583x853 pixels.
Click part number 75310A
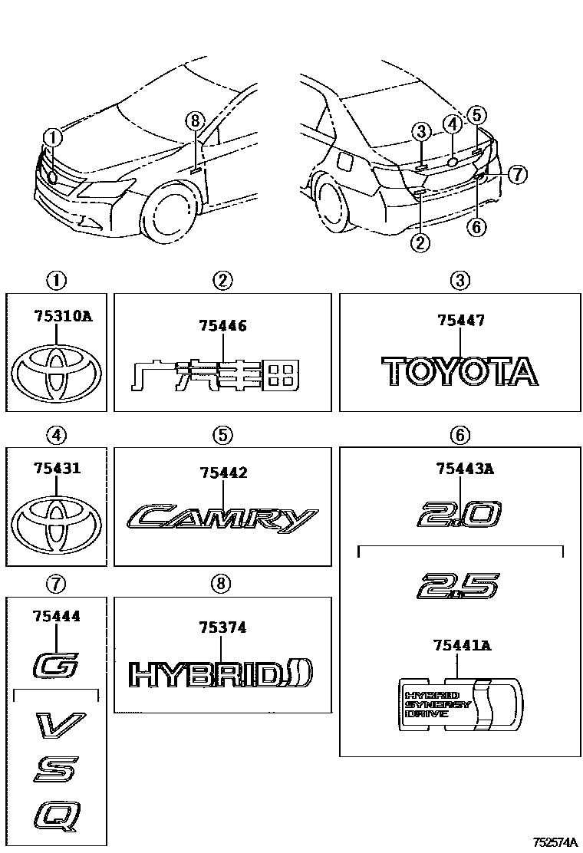coord(63,315)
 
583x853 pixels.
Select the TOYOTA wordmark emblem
coord(459,371)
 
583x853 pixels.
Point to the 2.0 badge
coord(459,514)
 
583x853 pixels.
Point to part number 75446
coord(222,326)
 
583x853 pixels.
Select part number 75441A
coord(463,646)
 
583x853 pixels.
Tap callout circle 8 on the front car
coord(195,120)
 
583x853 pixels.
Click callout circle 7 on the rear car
coord(518,175)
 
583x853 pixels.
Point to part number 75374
coord(222,627)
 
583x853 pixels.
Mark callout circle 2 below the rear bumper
coord(420,243)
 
